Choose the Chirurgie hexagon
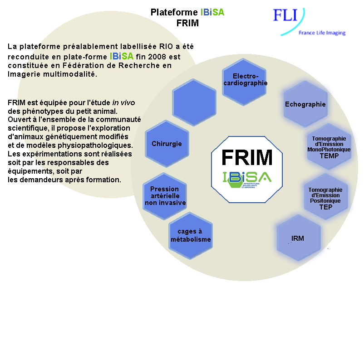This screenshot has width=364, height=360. click(x=167, y=144)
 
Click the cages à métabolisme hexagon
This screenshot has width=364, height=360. click(x=191, y=235)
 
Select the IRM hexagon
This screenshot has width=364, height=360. click(x=298, y=238)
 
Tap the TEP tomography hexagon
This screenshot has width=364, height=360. click(x=325, y=198)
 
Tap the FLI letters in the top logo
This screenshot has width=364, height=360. click(x=285, y=15)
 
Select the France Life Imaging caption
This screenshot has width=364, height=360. click(x=322, y=33)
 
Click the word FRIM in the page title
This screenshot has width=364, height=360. click(x=187, y=23)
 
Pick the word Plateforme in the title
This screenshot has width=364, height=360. click(x=174, y=12)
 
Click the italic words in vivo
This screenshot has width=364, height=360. click(x=123, y=103)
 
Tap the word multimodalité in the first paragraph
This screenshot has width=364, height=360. click(x=68, y=74)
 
